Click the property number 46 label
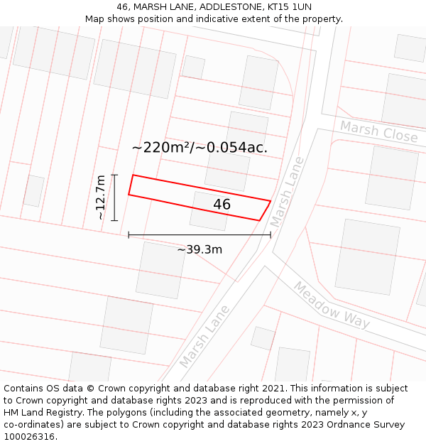222,205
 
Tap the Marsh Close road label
378,131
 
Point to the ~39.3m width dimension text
200,249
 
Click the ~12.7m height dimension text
101,197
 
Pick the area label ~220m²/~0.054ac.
200,148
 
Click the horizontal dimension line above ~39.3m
200,234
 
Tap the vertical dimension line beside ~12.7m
114,197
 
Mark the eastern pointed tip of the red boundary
271,201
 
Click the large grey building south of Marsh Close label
391,177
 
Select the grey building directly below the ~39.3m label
161,270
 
